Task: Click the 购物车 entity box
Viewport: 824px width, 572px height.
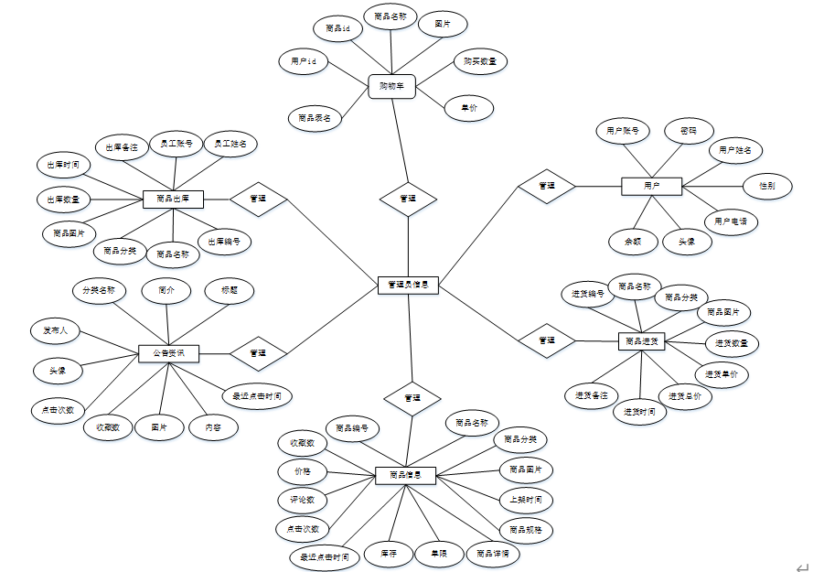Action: [391, 87]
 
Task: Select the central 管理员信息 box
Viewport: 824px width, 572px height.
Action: [409, 285]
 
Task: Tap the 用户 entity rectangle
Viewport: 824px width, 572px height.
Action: [651, 186]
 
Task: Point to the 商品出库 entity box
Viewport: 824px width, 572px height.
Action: [173, 198]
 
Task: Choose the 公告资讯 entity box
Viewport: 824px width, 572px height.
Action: [168, 352]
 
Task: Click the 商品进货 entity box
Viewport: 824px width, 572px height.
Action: [641, 340]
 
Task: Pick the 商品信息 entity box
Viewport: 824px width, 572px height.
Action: [405, 475]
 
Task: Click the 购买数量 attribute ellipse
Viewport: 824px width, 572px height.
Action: [480, 61]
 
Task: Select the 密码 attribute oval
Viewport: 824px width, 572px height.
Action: [688, 131]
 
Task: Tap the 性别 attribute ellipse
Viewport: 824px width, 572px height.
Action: [766, 186]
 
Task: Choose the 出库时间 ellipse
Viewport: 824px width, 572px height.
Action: [63, 166]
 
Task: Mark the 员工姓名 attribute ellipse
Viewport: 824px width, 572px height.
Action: [230, 144]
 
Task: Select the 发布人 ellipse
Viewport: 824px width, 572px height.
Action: [56, 329]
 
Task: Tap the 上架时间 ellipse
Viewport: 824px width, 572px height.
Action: [526, 500]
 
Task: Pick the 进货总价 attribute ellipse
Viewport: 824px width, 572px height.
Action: [685, 396]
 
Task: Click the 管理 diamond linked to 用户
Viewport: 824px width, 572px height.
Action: [547, 186]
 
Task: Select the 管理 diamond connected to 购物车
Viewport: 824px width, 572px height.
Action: [408, 198]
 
